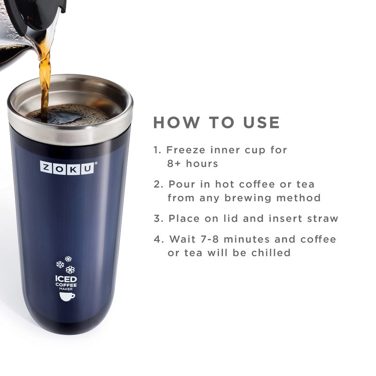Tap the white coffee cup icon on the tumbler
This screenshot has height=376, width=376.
click(x=66, y=296)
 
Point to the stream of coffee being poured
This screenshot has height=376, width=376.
click(x=45, y=75)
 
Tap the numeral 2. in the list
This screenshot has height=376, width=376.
click(x=158, y=184)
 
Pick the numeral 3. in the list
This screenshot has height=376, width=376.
click(x=158, y=219)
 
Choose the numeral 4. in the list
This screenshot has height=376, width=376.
click(x=158, y=239)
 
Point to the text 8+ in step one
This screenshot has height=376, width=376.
click(x=175, y=164)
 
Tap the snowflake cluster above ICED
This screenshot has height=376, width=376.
click(x=65, y=265)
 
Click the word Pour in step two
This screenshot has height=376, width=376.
click(x=181, y=184)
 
